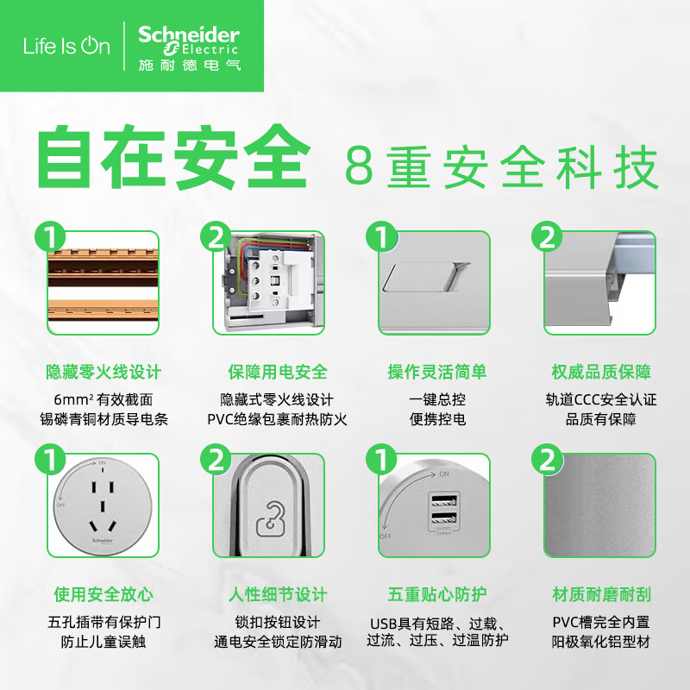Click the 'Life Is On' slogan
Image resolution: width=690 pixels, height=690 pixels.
click(x=66, y=47)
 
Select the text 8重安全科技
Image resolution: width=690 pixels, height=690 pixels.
click(x=501, y=166)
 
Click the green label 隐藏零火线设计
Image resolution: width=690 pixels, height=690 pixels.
click(x=103, y=373)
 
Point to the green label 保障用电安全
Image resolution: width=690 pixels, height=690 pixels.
click(x=277, y=373)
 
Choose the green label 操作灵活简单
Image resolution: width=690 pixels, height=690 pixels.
click(x=436, y=373)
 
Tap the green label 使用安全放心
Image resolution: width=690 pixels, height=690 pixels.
click(x=103, y=594)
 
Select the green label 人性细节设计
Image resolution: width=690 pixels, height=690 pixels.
click(x=277, y=594)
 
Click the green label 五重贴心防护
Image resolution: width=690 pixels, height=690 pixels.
click(x=436, y=594)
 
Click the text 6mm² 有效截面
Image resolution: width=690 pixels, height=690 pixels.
click(x=103, y=399)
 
